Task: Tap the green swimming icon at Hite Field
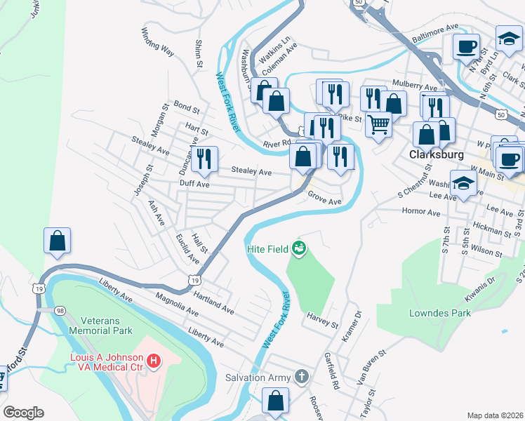(x=300, y=248)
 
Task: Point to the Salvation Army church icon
(x=302, y=377)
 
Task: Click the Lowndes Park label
(x=441, y=313)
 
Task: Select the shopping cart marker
(x=378, y=125)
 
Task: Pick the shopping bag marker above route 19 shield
(x=57, y=240)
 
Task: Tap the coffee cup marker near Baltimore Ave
(x=465, y=47)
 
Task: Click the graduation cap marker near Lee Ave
(x=463, y=183)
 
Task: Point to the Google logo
(x=23, y=413)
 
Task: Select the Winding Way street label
(x=157, y=41)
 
